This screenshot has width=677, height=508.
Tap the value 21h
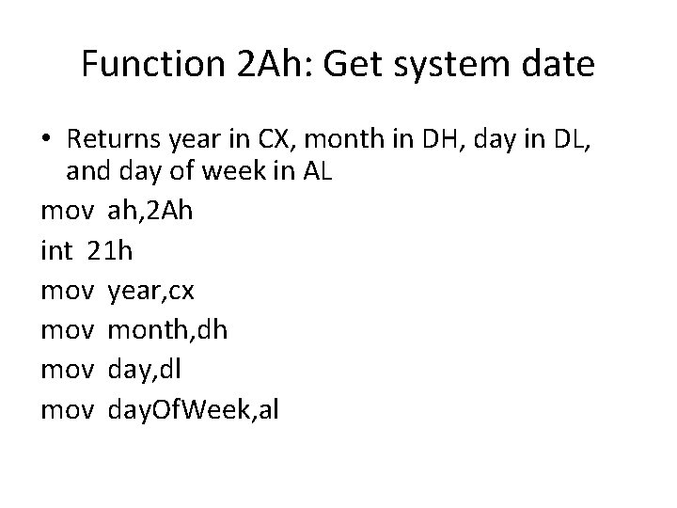(x=109, y=249)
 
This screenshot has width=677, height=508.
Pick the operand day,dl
(x=147, y=370)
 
